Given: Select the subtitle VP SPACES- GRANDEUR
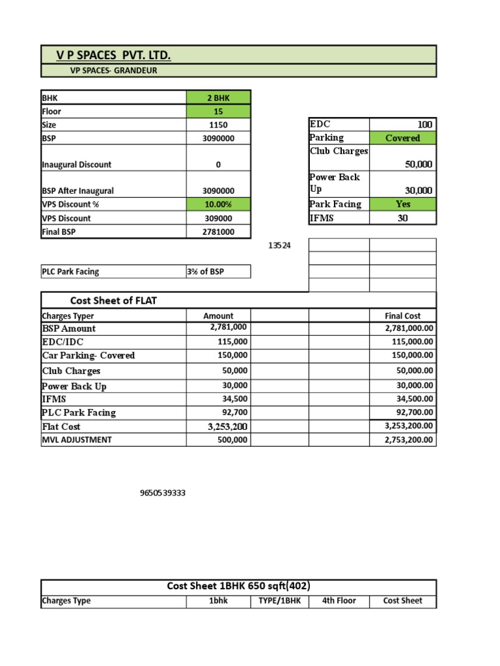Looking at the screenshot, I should [x=113, y=70].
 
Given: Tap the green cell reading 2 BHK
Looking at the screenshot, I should [x=218, y=98].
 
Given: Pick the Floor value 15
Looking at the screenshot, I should [x=218, y=111].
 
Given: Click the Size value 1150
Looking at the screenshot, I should [x=218, y=125].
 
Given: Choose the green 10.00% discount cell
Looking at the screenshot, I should [x=218, y=204].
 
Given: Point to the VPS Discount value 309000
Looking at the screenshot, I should [x=218, y=219].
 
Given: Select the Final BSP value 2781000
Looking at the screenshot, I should [x=218, y=232].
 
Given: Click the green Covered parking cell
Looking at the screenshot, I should [x=402, y=138].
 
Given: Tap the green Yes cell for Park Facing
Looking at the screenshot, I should [x=402, y=204].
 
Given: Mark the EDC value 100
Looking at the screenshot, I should [x=424, y=124].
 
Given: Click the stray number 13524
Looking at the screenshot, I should [x=280, y=246].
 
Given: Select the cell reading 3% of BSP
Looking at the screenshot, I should [x=206, y=272].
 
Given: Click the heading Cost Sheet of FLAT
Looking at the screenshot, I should [x=113, y=300].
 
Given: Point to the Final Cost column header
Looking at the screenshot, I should [x=402, y=316].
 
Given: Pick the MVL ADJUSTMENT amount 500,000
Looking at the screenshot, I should [x=232, y=440].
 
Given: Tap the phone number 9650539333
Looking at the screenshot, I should [x=163, y=493].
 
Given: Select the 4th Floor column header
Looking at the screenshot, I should [x=339, y=601].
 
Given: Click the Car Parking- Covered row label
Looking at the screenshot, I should [x=89, y=356].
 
